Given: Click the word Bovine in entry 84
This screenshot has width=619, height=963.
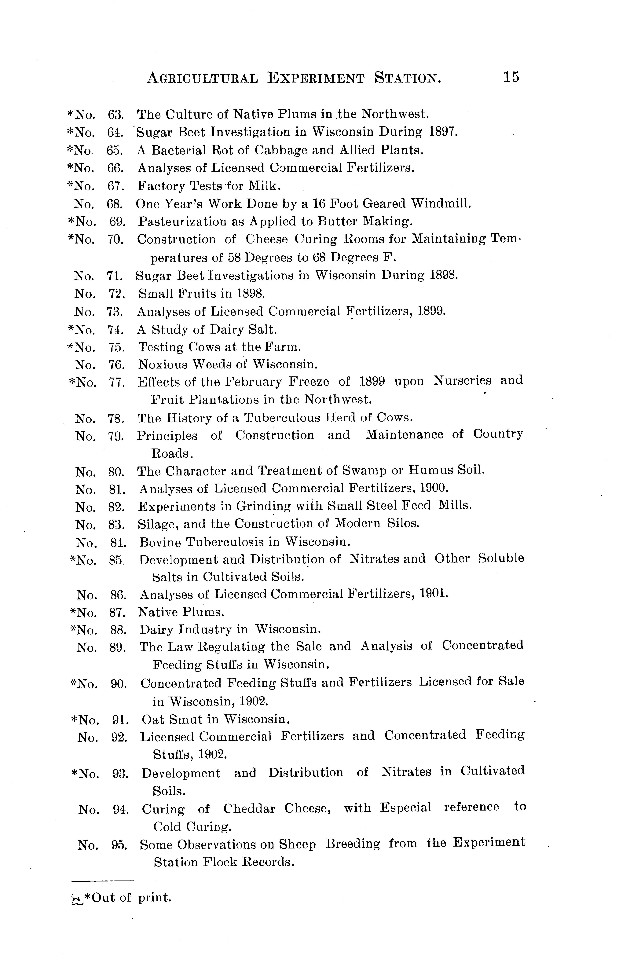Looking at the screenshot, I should pos(160,542).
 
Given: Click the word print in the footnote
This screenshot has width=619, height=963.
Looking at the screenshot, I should pos(154,898).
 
